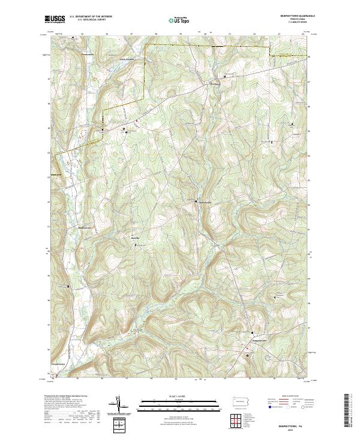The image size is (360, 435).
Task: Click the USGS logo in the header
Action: click(55, 20)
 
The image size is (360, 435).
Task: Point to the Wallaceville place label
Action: click(205, 200)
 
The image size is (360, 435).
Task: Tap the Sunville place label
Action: click(135, 238)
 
